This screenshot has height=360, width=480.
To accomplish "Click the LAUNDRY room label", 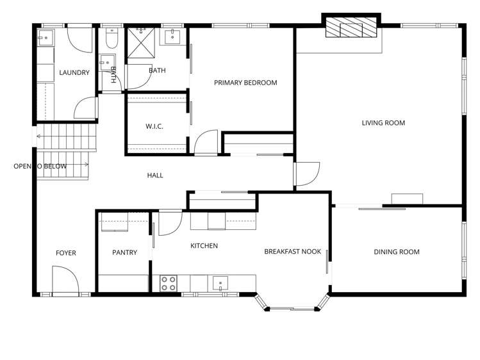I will click(x=74, y=73).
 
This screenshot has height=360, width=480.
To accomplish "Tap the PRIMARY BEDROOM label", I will click(x=245, y=83).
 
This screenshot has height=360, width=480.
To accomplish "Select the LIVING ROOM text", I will click(x=383, y=123).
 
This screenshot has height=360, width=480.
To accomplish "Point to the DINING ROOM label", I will click(x=397, y=252).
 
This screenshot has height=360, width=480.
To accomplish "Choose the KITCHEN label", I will click(x=204, y=246).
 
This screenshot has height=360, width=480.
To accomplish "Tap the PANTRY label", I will click(x=124, y=252).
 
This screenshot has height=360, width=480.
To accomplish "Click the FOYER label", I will click(x=65, y=253).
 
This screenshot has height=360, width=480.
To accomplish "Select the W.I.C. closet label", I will click(x=154, y=127).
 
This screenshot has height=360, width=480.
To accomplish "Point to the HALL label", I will click(x=155, y=176).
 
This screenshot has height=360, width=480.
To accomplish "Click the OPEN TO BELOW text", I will click(x=40, y=167).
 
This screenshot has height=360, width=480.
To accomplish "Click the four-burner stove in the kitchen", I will click(x=169, y=283).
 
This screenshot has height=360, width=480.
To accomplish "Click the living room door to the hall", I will click(x=306, y=174).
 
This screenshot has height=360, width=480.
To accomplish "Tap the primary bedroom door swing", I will click(x=206, y=142).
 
